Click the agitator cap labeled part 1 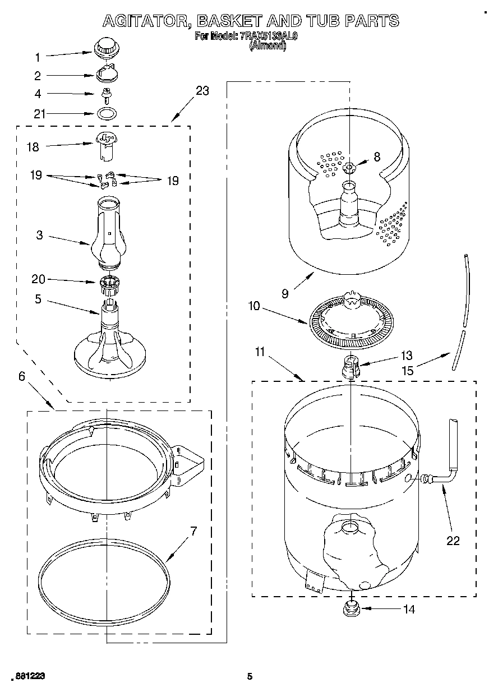(x=105, y=47)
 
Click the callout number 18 (x=33, y=147)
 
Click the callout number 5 (x=38, y=299)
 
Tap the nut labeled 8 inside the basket (x=349, y=167)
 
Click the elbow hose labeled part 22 (x=445, y=469)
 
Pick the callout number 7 (x=193, y=531)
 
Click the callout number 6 (x=22, y=376)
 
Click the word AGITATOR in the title (x=140, y=21)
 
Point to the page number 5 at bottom (x=250, y=676)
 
